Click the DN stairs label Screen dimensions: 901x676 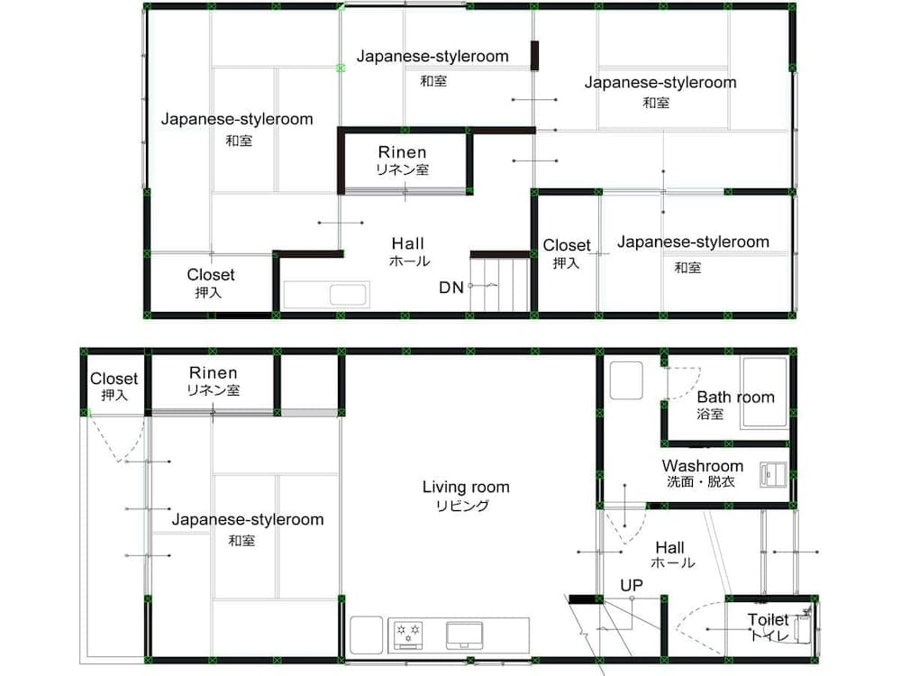(451, 288)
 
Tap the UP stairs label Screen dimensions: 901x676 (632, 586)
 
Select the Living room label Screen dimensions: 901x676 (466, 488)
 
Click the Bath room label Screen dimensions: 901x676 (735, 397)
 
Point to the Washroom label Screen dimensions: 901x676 (702, 466)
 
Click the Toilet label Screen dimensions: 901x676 (768, 620)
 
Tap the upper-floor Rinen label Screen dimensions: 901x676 (402, 152)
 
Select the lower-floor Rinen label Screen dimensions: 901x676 (214, 372)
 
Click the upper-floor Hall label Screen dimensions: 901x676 (408, 243)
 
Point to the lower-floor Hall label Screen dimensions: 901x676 (670, 547)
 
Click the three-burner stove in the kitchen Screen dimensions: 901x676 (408, 635)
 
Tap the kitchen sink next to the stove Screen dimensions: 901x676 (464, 635)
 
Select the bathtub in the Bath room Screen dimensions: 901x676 (764, 393)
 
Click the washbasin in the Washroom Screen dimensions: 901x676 (773, 475)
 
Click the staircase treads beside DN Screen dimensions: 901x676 (500, 285)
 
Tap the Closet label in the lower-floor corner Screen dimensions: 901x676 (114, 379)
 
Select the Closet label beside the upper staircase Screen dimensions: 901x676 (567, 245)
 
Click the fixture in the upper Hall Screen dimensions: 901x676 (326, 295)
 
